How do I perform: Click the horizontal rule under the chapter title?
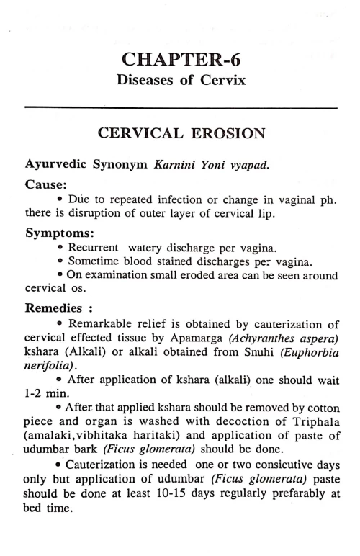coord(180,108)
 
